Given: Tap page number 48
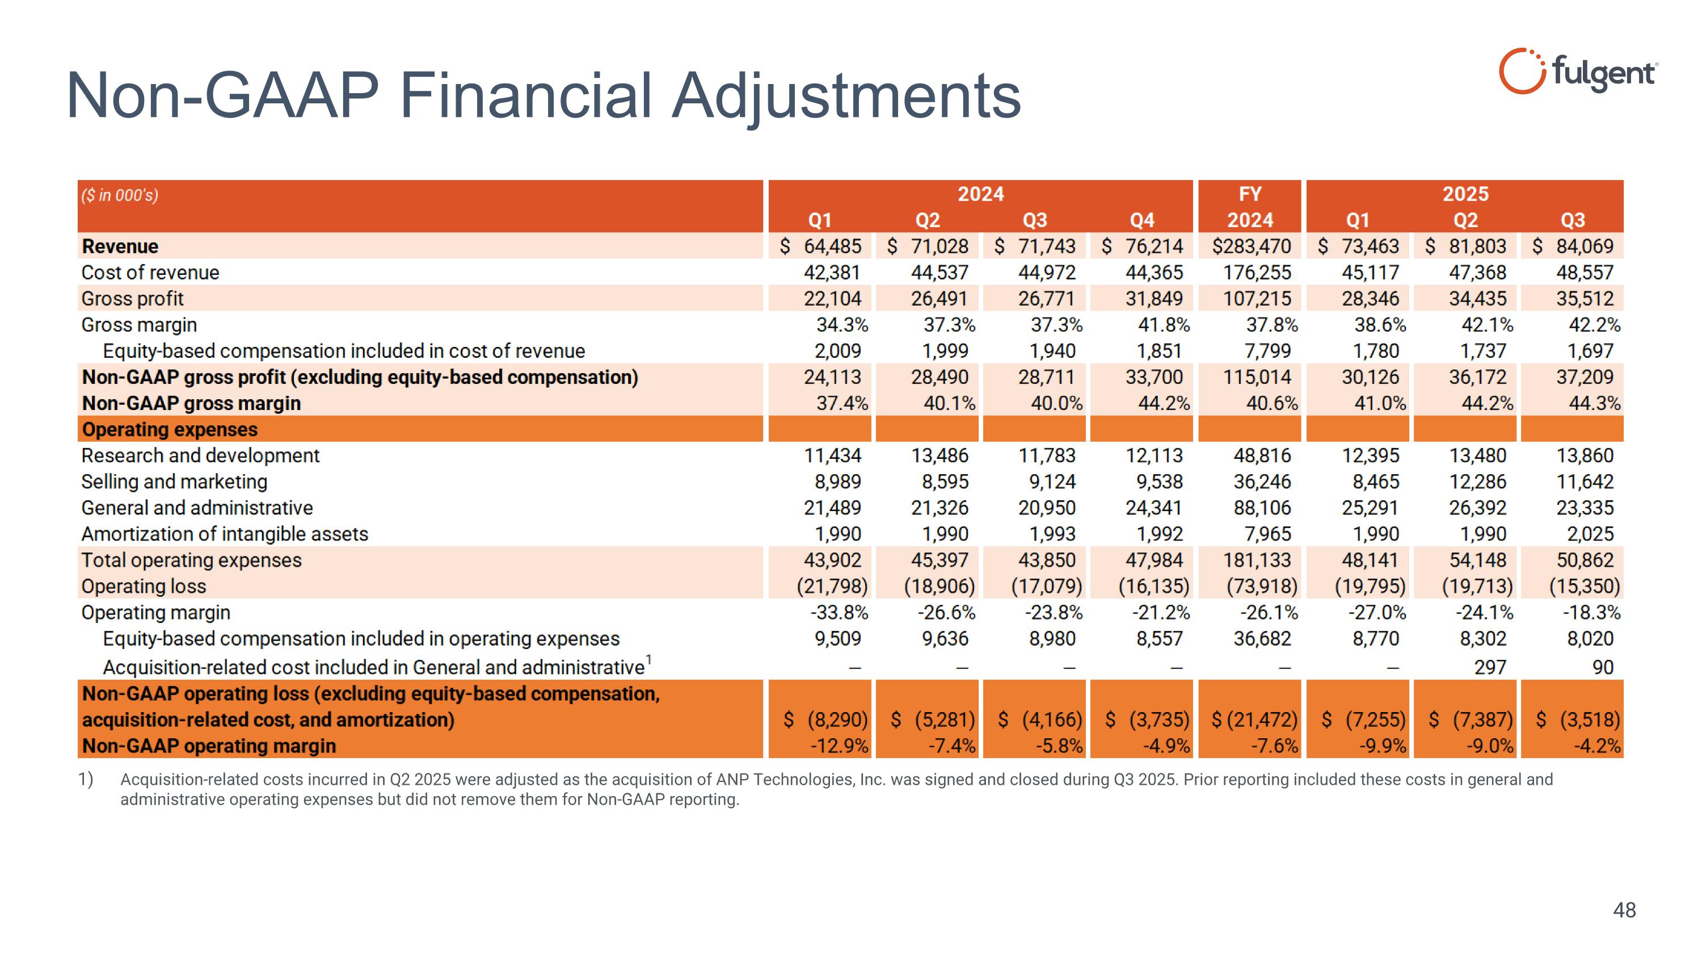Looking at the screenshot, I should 1624,910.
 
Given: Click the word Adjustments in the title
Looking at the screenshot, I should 846,96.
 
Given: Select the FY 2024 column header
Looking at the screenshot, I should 1249,206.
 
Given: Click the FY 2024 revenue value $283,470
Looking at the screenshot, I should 1251,246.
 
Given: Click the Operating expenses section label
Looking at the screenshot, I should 170,429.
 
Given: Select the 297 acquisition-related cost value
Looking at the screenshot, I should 1490,667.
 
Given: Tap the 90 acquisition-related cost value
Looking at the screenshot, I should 1602,667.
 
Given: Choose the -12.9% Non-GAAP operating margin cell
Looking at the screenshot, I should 839,746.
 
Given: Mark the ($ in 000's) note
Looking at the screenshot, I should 120,195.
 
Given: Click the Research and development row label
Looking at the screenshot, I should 200,455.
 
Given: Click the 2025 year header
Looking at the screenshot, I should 1465,194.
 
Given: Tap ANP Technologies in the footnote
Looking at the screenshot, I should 786,780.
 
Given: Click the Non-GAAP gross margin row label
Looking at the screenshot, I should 192,403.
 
